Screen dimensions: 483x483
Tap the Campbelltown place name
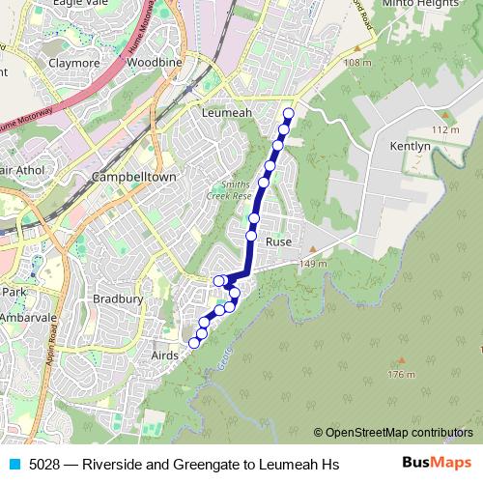point(132,179)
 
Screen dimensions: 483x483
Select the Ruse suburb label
point(278,241)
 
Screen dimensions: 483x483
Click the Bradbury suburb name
point(118,299)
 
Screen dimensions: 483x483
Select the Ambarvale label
point(30,316)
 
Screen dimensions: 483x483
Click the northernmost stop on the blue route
point(288,114)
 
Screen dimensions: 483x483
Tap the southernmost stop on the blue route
point(194,343)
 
